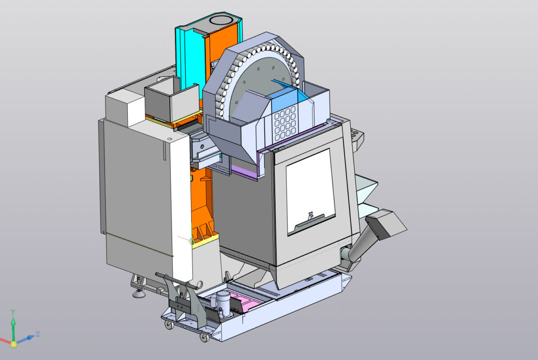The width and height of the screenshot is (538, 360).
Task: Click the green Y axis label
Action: click(x=13, y=312)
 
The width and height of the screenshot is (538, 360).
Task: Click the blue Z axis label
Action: click(x=38, y=334)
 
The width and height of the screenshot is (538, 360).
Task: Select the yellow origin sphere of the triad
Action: click(x=14, y=344)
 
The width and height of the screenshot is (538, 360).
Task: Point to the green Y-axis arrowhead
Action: click(x=13, y=321)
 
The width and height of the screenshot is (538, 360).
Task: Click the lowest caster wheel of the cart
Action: click(x=203, y=337)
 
